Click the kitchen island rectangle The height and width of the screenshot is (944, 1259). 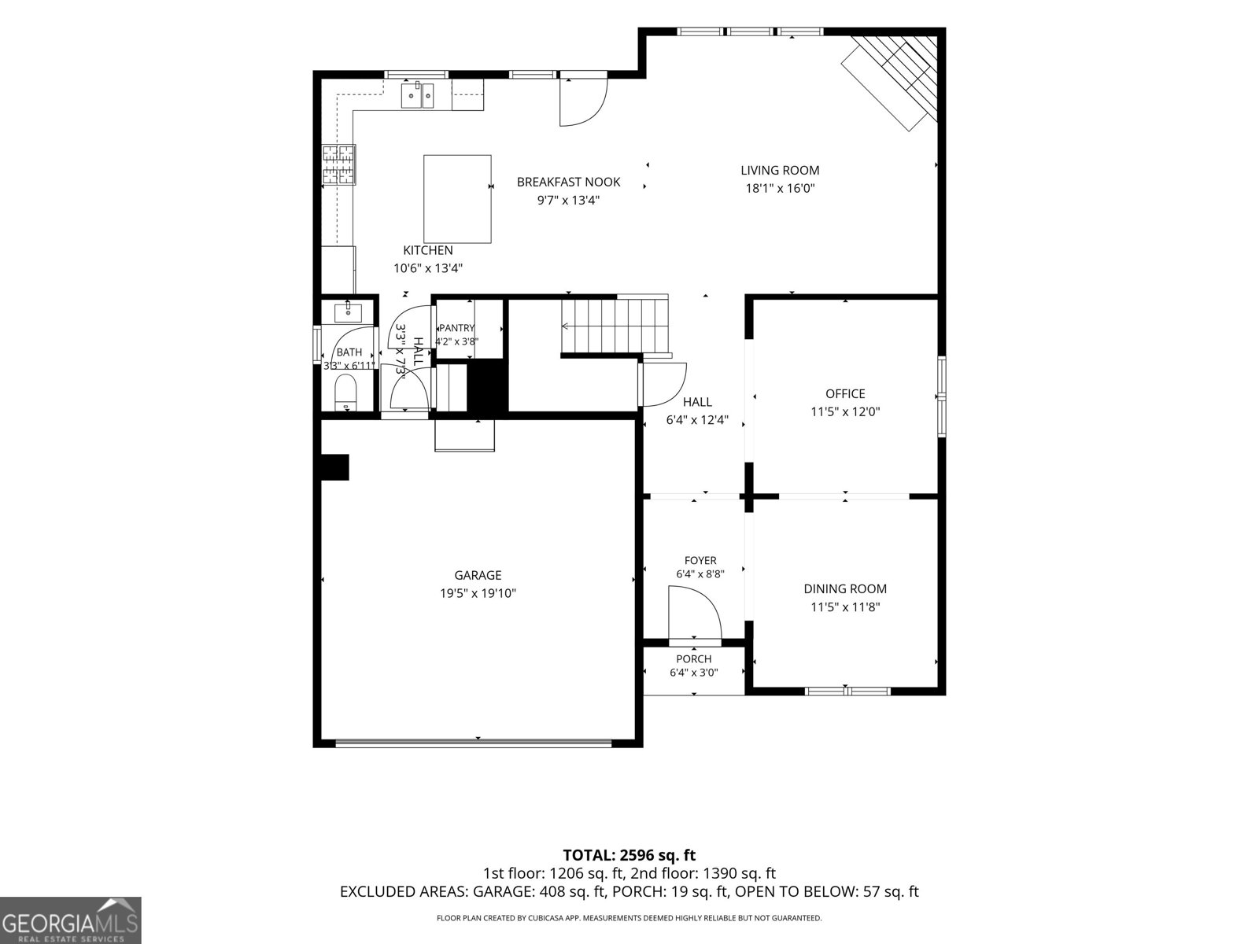pos(457,199)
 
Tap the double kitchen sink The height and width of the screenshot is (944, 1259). pos(417,94)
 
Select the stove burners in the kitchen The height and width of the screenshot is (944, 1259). pos(338,164)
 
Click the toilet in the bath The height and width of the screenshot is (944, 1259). pos(345,393)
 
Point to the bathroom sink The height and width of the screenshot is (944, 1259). pos(348,313)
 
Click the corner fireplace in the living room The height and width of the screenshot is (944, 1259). pos(889,80)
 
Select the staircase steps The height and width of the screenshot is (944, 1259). pos(615,326)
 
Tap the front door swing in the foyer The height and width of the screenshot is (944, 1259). pos(695,612)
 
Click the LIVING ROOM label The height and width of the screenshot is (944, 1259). pos(780,170)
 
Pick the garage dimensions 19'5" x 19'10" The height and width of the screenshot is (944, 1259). pos(478,593)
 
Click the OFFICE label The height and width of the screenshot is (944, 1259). pos(845,394)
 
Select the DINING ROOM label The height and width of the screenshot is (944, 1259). pos(845,588)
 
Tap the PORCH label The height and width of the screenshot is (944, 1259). pos(693,659)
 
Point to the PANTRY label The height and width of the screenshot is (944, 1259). pos(457,328)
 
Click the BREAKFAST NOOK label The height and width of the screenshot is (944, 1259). pos(568,183)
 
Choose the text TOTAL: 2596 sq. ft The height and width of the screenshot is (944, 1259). pos(629,855)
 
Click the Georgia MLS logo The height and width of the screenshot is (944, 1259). pos(70,920)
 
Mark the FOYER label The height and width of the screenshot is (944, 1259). pos(700,561)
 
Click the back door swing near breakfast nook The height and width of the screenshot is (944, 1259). pos(583,102)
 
